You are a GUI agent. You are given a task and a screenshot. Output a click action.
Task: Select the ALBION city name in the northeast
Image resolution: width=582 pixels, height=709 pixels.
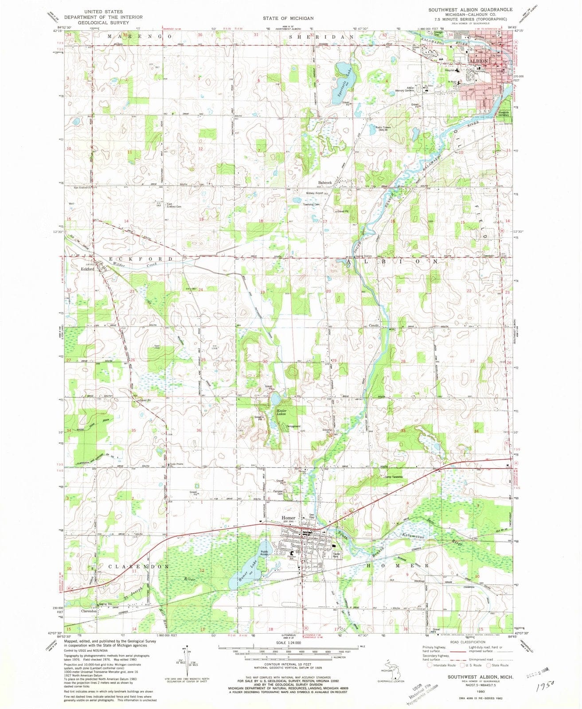pos(476,61)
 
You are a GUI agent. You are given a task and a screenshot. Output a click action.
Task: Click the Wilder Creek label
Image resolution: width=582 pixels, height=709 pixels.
pos(135,265)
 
